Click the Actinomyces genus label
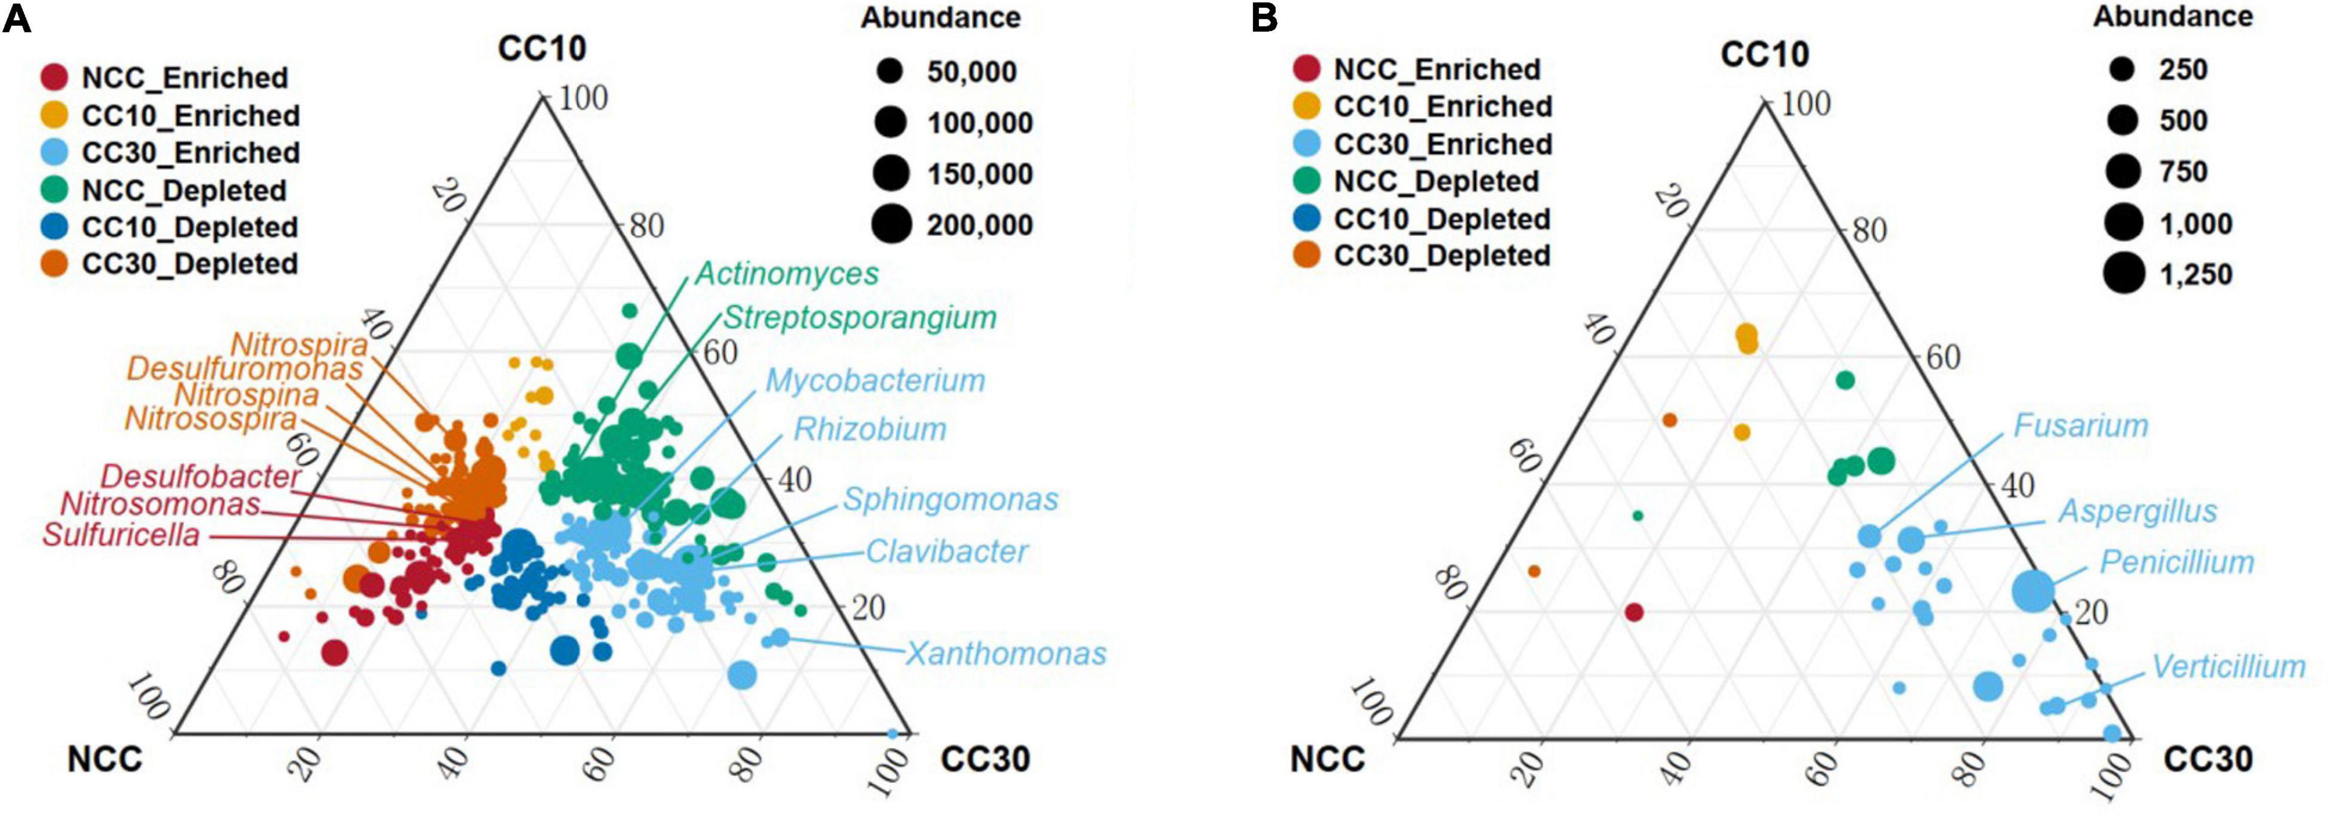pos(786,273)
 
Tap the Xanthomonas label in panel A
pos(1006,653)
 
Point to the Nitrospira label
pos(299,344)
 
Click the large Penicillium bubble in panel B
pos(2033,591)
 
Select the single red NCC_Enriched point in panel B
pos(1634,612)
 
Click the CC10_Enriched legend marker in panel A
pos(55,115)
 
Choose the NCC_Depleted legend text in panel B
pos(1436,181)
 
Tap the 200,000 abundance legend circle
pos(892,224)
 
